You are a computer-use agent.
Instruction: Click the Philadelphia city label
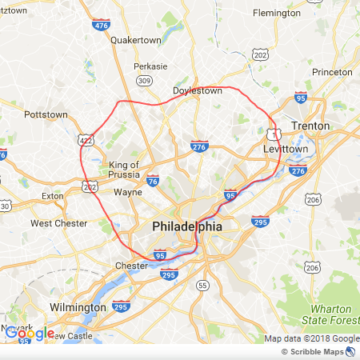pyautogui.click(x=186, y=227)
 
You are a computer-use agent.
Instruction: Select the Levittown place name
pyautogui.click(x=286, y=150)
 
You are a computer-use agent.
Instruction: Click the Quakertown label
pyautogui.click(x=136, y=39)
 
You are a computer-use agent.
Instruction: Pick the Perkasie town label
pyautogui.click(x=151, y=66)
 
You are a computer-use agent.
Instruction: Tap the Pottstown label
pyautogui.click(x=46, y=114)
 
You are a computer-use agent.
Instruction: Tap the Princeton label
pyautogui.click(x=332, y=72)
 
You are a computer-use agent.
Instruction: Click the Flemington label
pyautogui.click(x=276, y=13)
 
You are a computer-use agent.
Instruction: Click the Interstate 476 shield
pyautogui.click(x=101, y=26)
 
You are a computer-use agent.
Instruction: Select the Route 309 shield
pyautogui.click(x=144, y=81)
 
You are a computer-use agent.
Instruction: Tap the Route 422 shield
pyautogui.click(x=86, y=141)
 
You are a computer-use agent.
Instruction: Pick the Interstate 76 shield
pyautogui.click(x=152, y=182)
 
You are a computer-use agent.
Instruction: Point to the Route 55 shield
pyautogui.click(x=202, y=285)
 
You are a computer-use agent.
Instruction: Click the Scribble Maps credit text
pyautogui.click(x=317, y=352)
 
